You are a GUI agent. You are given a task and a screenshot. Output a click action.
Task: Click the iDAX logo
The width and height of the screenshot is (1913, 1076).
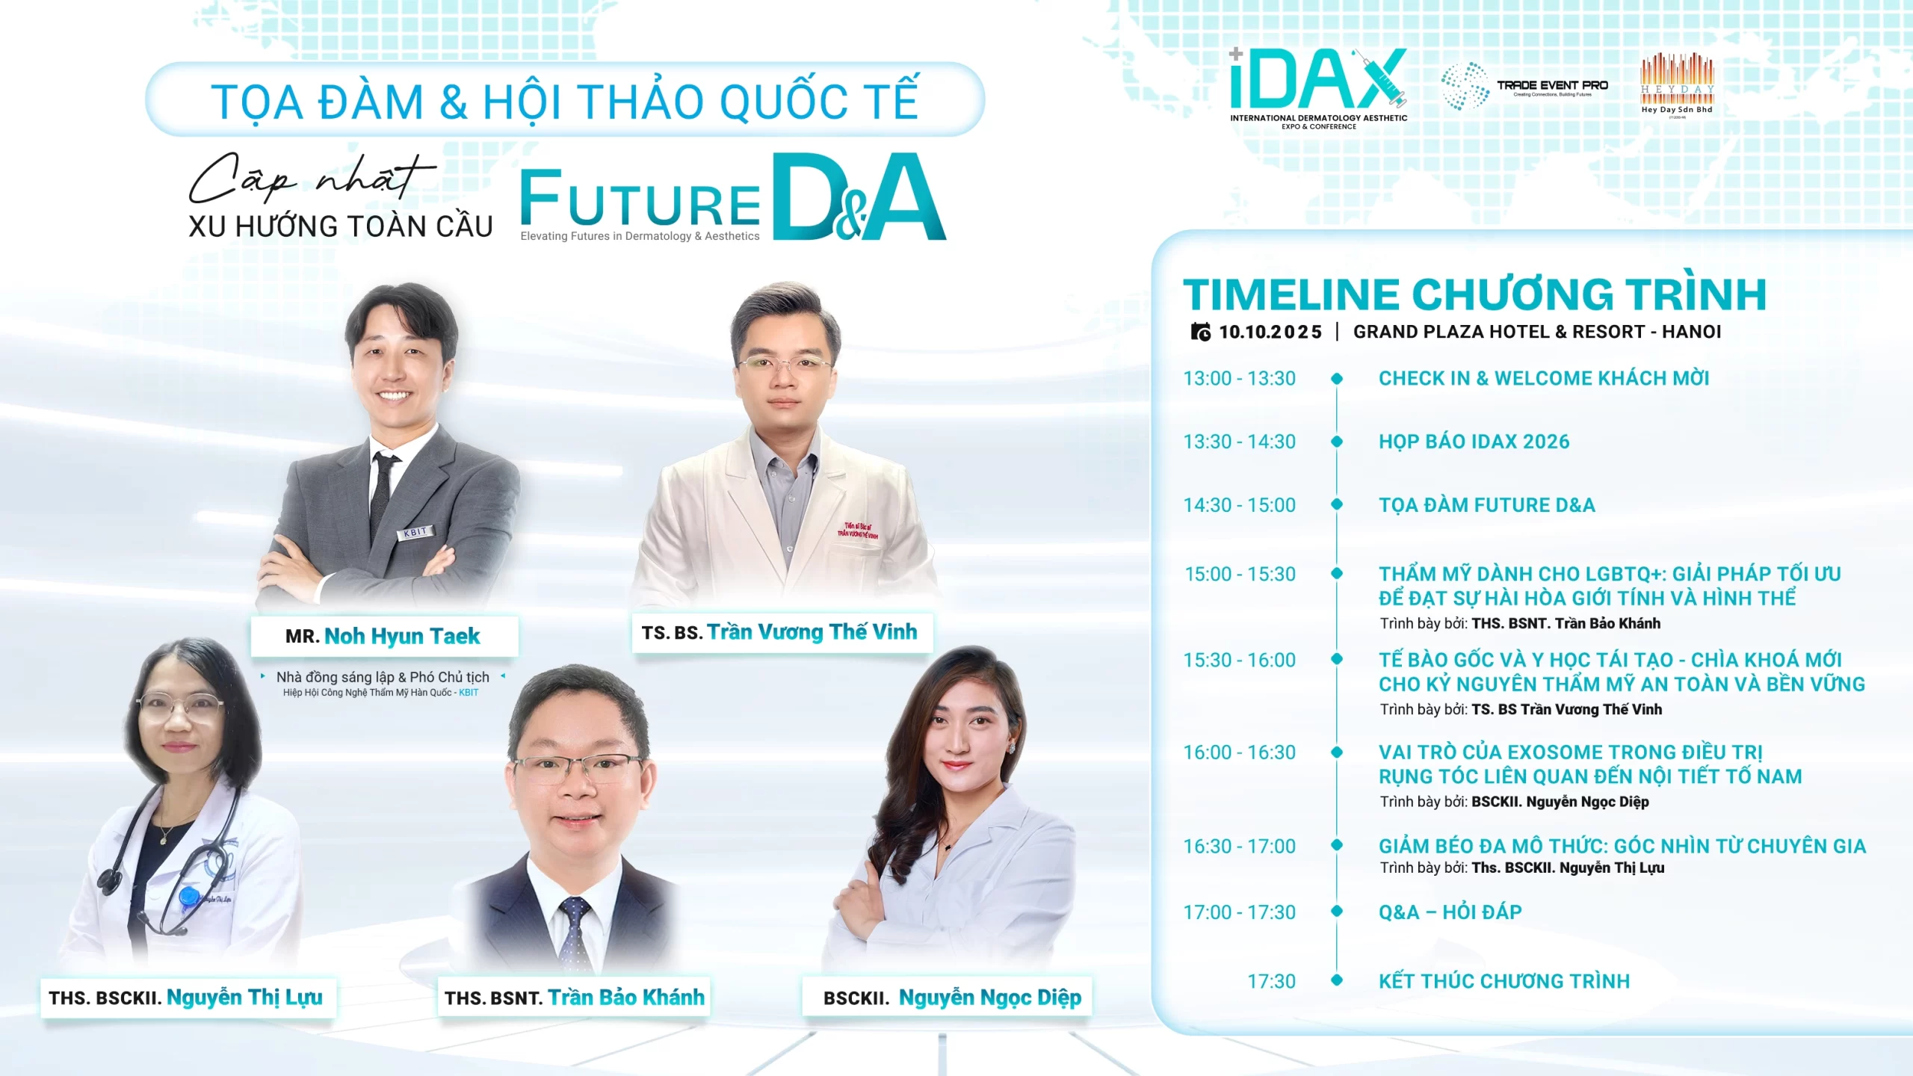(x=1318, y=88)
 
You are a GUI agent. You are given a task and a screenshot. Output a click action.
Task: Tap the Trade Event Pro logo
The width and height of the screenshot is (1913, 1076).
(x=1524, y=87)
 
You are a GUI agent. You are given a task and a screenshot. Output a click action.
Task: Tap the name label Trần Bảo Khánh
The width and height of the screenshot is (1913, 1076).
(x=574, y=998)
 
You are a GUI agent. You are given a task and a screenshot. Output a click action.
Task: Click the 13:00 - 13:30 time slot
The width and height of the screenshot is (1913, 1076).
(x=1240, y=378)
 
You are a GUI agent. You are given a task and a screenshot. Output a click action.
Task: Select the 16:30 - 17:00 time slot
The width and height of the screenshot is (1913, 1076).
(x=1240, y=846)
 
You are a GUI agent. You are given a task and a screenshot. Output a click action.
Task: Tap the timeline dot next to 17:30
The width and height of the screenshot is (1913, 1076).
(x=1337, y=980)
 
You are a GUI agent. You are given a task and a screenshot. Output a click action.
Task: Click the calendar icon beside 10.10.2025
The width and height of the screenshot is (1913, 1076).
(x=1201, y=332)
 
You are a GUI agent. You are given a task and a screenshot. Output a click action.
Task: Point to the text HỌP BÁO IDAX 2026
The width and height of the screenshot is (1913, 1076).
(x=1474, y=442)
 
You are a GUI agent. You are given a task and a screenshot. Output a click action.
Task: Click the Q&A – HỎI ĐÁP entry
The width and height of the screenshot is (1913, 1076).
(x=1450, y=912)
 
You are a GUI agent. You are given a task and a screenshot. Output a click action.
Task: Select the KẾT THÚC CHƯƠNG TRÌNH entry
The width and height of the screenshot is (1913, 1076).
(x=1504, y=981)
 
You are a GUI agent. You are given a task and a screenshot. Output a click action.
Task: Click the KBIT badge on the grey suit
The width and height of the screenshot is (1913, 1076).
(x=415, y=532)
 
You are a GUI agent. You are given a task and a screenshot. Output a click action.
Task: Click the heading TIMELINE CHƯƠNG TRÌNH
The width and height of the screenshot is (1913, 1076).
(x=1474, y=294)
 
